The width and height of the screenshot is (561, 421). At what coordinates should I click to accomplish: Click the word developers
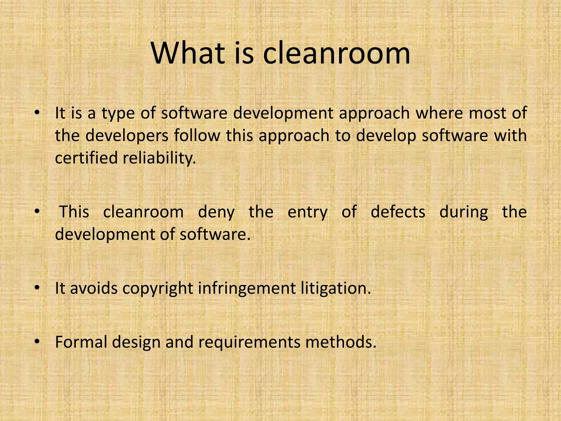tap(127, 136)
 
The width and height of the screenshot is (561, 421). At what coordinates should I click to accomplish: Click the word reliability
tap(159, 158)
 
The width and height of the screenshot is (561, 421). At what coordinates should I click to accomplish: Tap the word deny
tap(216, 212)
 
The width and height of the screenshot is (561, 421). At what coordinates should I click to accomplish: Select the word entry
tap(307, 212)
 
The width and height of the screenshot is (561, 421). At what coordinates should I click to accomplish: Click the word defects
tap(398, 212)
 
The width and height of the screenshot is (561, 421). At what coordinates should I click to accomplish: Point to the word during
tap(464, 212)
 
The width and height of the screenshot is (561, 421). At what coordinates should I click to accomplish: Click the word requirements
tap(249, 342)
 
